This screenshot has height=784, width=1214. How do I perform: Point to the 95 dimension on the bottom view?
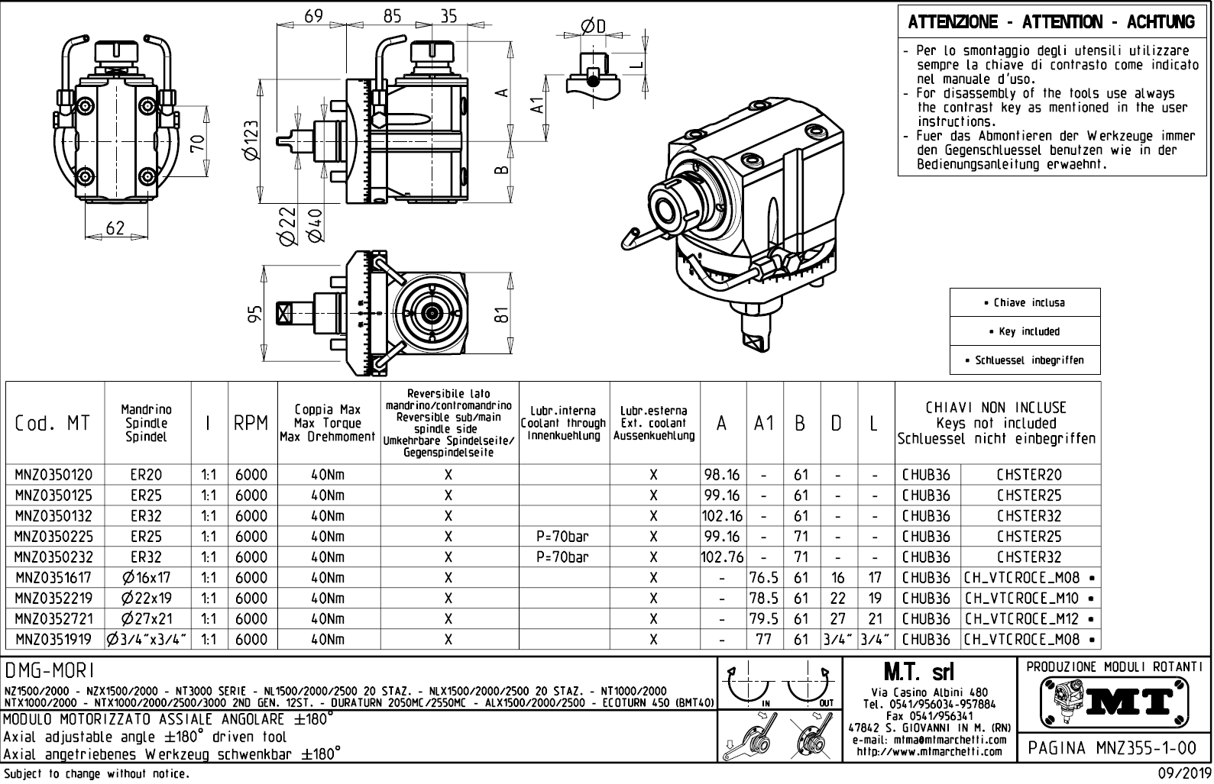[256, 313]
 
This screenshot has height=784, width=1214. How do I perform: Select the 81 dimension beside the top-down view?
[501, 314]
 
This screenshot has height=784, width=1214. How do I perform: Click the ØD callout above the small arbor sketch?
[592, 26]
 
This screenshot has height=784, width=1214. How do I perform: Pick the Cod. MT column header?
[52, 423]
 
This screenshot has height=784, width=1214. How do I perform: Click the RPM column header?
[251, 423]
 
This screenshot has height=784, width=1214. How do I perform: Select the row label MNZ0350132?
[52, 516]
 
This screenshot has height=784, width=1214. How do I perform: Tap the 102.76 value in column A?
[722, 557]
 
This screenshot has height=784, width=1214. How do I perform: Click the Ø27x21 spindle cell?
[147, 619]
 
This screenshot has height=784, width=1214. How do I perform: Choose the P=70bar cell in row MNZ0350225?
[562, 537]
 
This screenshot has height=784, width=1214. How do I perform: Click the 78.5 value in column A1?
[764, 598]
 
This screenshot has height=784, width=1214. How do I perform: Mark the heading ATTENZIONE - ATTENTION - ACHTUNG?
[1051, 22]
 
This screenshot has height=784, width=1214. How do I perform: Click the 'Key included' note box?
[1025, 331]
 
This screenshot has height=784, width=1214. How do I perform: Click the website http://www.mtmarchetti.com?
[928, 752]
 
